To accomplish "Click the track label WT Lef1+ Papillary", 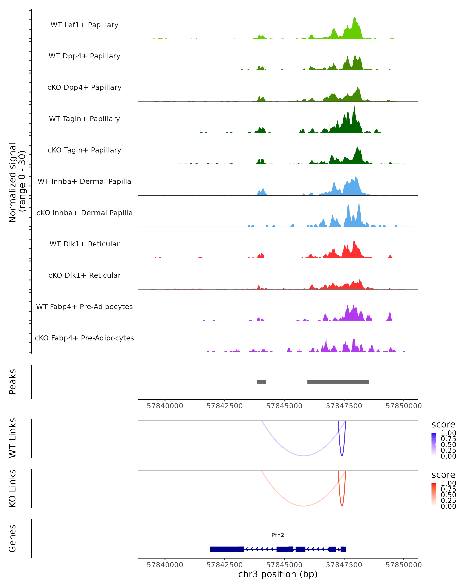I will coord(84,25).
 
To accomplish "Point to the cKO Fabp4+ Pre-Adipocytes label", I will coord(84,338).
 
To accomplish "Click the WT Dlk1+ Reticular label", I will coord(84,244).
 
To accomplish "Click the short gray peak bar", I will coord(261,382).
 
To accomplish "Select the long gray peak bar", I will coord(338,382).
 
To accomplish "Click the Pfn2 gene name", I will coord(278,535).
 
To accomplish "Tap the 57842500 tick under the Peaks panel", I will coord(224,406).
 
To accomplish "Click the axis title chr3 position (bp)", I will coord(278,574).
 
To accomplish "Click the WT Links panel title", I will coord(13,438).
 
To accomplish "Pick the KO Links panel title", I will coord(13,488).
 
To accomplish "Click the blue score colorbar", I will coord(434,445).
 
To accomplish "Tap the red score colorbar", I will coord(434,495).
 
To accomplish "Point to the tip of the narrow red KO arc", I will coord(342,506).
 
